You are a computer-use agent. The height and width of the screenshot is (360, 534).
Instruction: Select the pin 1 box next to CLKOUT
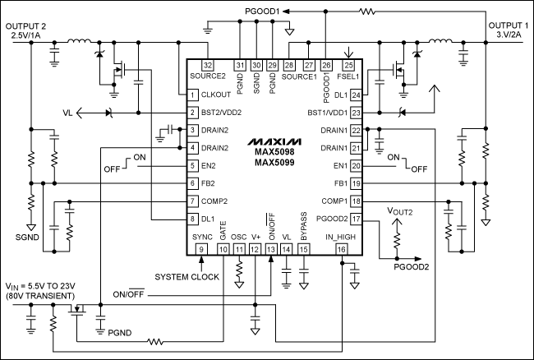(x=191, y=94)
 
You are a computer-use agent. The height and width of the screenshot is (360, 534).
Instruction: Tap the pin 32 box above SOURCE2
(x=208, y=65)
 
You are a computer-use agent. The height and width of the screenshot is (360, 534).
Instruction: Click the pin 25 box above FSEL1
(x=349, y=65)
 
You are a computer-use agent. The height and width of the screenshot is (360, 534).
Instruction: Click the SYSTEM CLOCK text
(x=186, y=277)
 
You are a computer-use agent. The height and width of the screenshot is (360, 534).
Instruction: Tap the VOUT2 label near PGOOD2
(x=404, y=211)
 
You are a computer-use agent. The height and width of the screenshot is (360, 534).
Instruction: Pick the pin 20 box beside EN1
(x=355, y=165)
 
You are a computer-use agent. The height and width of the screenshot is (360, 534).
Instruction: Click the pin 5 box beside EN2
(x=191, y=165)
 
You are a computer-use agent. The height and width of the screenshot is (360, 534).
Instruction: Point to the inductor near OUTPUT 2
(x=80, y=42)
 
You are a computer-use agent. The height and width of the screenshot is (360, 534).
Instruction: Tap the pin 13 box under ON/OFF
(x=270, y=249)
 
